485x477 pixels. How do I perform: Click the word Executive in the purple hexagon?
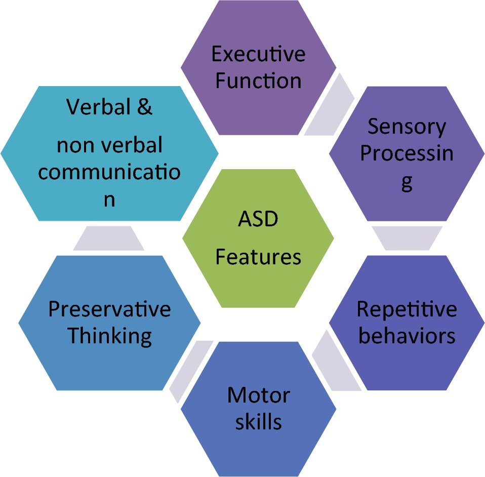coord(258,54)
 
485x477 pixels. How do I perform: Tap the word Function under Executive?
coord(258,81)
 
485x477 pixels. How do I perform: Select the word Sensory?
coord(407,127)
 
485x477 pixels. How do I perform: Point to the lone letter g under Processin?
coord(407,183)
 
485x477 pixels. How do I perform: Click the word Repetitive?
coord(407,309)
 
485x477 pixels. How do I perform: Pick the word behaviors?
coord(407,336)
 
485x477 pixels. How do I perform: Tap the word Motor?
coord(258,395)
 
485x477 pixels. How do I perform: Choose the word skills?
coord(258,421)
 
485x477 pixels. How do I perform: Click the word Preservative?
coord(109,309)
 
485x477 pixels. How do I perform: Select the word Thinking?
coord(109,336)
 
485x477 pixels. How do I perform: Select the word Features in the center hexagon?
coord(258,257)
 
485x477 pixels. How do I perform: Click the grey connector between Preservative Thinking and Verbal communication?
coord(109,238)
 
